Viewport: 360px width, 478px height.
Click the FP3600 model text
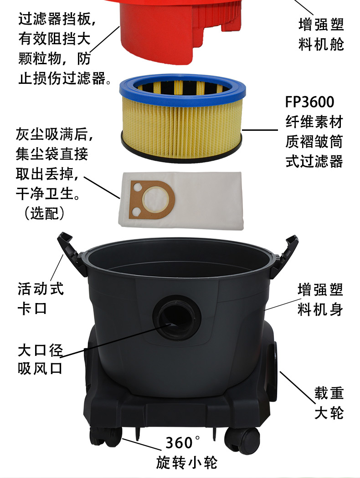309,102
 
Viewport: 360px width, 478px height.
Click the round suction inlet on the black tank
177,318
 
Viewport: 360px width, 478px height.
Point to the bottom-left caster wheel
105,438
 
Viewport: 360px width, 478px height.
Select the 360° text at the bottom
183,442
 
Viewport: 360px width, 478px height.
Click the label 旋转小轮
186,462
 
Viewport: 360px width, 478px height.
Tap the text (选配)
45,213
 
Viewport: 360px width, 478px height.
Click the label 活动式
41,289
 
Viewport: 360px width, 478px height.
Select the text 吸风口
40,368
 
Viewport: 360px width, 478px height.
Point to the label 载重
329,393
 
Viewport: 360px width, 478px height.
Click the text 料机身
320,309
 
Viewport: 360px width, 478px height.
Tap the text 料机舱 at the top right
321,45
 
